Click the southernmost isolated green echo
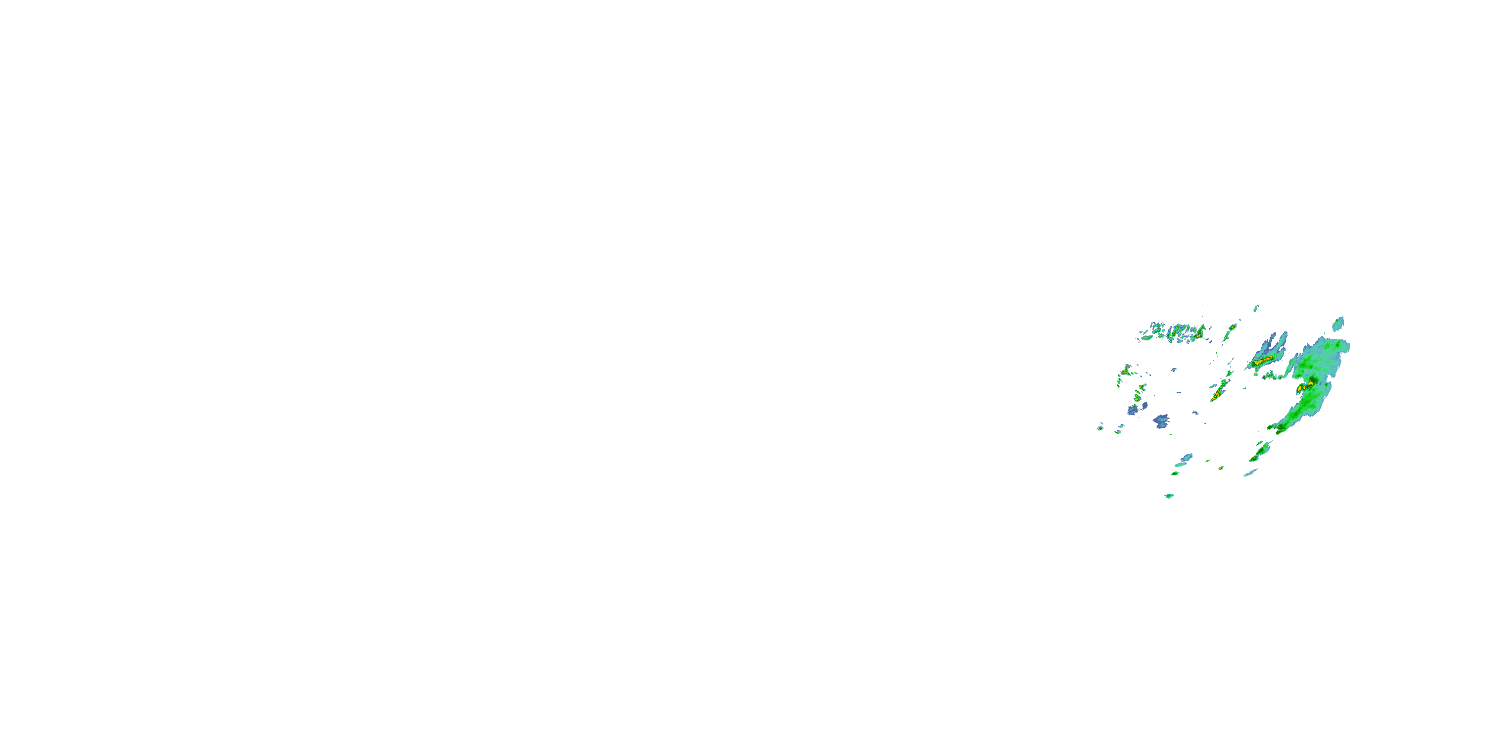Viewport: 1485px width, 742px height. (1169, 496)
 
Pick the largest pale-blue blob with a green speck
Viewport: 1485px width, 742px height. (1160, 421)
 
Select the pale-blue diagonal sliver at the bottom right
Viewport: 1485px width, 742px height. (1250, 473)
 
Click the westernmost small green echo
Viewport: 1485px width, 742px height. (1100, 427)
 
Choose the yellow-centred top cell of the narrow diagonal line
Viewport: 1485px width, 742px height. (1232, 328)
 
